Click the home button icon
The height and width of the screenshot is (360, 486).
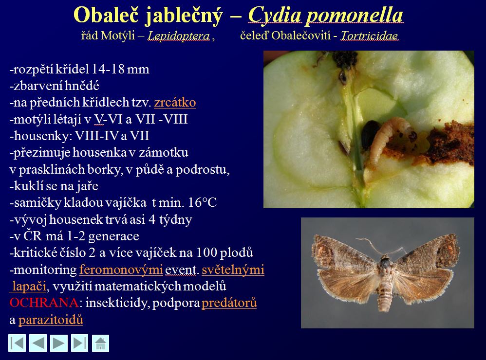click(x=100, y=343)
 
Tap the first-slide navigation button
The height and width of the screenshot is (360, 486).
click(x=17, y=343)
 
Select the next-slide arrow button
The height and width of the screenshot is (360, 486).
click(x=59, y=343)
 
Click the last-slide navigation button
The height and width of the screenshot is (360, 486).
click(x=80, y=343)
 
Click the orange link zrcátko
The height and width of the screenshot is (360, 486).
click(x=175, y=103)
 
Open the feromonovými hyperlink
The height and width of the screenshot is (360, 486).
click(x=121, y=270)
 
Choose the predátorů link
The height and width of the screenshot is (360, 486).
click(x=229, y=303)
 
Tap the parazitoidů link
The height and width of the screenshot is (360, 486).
click(x=51, y=320)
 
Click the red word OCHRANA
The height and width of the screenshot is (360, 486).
click(x=44, y=303)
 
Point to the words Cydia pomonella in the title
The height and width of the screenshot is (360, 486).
click(x=326, y=15)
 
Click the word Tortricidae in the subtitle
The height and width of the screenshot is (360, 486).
click(x=370, y=36)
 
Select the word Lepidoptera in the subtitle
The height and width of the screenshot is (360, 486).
click(x=179, y=36)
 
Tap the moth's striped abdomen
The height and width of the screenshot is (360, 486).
click(x=385, y=293)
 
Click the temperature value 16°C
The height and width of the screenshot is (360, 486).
click(x=202, y=202)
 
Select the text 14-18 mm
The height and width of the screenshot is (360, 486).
click(x=120, y=69)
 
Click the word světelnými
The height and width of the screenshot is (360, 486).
click(x=233, y=270)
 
